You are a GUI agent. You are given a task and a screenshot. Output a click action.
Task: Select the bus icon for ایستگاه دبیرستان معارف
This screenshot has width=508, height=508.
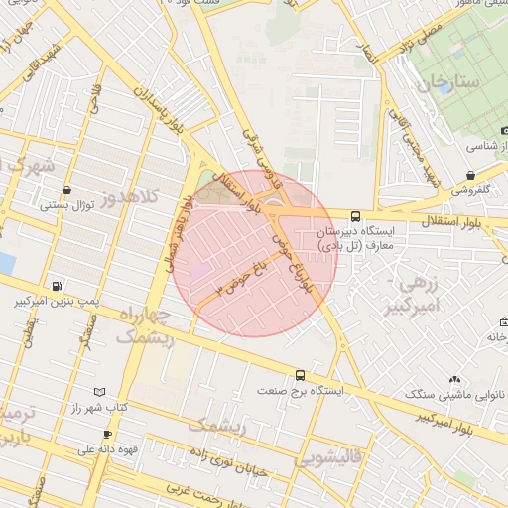[x=355, y=215]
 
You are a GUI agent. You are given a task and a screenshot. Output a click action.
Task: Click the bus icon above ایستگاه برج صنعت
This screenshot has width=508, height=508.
[x=300, y=375]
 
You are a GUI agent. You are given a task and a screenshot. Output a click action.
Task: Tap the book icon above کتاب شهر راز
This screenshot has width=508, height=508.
[x=97, y=393]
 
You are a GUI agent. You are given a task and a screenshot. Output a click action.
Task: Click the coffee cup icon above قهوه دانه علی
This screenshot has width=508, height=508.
[x=107, y=434]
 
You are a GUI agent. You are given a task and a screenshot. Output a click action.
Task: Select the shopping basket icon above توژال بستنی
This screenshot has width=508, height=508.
[x=66, y=190]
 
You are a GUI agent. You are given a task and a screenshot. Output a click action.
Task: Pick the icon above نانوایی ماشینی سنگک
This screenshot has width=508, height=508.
[x=454, y=379]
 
